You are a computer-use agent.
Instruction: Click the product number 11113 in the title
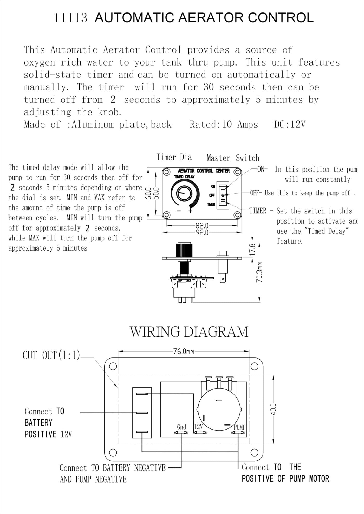pyautogui.click(x=70, y=18)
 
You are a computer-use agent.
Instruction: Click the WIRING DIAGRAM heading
pyautogui.click(x=189, y=332)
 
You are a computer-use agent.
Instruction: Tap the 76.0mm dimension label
pyautogui.click(x=184, y=352)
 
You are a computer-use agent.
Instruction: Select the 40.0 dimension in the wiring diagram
pyautogui.click(x=274, y=409)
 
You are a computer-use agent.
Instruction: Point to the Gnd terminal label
pyautogui.click(x=181, y=427)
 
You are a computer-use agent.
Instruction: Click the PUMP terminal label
pyautogui.click(x=239, y=427)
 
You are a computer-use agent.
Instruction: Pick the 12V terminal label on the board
pyautogui.click(x=198, y=426)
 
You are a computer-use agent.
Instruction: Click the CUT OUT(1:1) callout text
pyautogui.click(x=51, y=355)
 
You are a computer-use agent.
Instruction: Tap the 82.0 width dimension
pyautogui.click(x=202, y=225)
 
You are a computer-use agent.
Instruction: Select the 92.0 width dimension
pyautogui.click(x=202, y=232)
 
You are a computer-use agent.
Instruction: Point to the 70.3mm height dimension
pyautogui.click(x=259, y=272)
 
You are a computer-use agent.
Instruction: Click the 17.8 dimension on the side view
pyautogui.click(x=252, y=249)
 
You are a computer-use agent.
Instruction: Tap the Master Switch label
pyautogui.click(x=233, y=158)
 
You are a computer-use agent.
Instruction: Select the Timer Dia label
pyautogui.click(x=174, y=157)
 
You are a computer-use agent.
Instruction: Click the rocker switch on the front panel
pyautogui.click(x=223, y=195)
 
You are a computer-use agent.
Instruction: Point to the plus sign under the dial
pyautogui.click(x=191, y=211)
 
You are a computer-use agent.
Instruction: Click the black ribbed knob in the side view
pyautogui.click(x=184, y=250)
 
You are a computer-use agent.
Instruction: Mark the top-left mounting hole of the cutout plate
pyautogui.click(x=113, y=366)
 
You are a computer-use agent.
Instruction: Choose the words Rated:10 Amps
pyautogui.click(x=224, y=125)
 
